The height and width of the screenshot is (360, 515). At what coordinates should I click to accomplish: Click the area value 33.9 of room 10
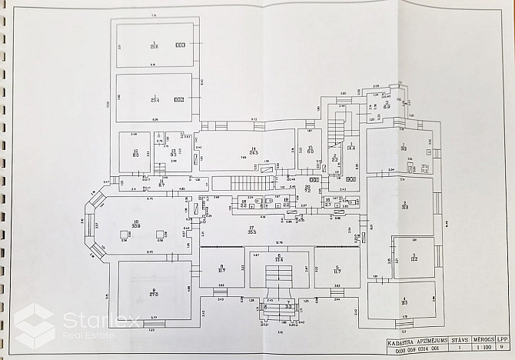137,226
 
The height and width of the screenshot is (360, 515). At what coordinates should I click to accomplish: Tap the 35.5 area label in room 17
251,232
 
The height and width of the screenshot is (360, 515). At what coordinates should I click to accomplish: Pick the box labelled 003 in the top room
180,45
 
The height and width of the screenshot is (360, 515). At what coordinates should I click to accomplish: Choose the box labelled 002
179,99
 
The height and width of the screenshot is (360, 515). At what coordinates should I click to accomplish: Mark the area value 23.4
154,100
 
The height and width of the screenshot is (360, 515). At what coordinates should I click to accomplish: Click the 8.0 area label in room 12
135,155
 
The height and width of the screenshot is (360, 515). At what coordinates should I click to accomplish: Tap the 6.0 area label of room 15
311,151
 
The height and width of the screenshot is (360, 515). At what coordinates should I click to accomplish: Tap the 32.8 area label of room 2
404,206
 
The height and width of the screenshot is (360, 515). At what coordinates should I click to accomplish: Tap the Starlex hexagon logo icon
34,326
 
